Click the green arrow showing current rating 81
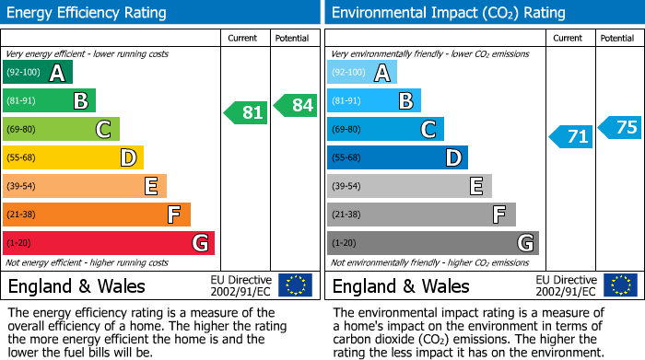pyautogui.click(x=246, y=113)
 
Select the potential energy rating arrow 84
pyautogui.click(x=296, y=105)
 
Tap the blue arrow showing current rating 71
pyautogui.click(x=571, y=137)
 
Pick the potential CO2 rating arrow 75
pyautogui.click(x=620, y=128)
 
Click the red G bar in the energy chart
pyautogui.click(x=109, y=243)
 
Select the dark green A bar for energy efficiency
pyautogui.click(x=38, y=73)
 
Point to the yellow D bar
pyautogui.click(x=73, y=157)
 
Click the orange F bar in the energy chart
pyautogui.click(x=97, y=215)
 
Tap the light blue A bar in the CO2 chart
pyautogui.click(x=362, y=73)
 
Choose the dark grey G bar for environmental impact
pyautogui.click(x=432, y=243)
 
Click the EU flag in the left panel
pyautogui.click(x=296, y=285)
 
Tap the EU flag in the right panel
pyautogui.click(x=620, y=285)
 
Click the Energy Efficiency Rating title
pyautogui.click(x=88, y=13)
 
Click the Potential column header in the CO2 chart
pyautogui.click(x=617, y=38)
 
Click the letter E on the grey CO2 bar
pyautogui.click(x=476, y=186)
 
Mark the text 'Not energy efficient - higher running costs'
pyautogui.click(x=88, y=262)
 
